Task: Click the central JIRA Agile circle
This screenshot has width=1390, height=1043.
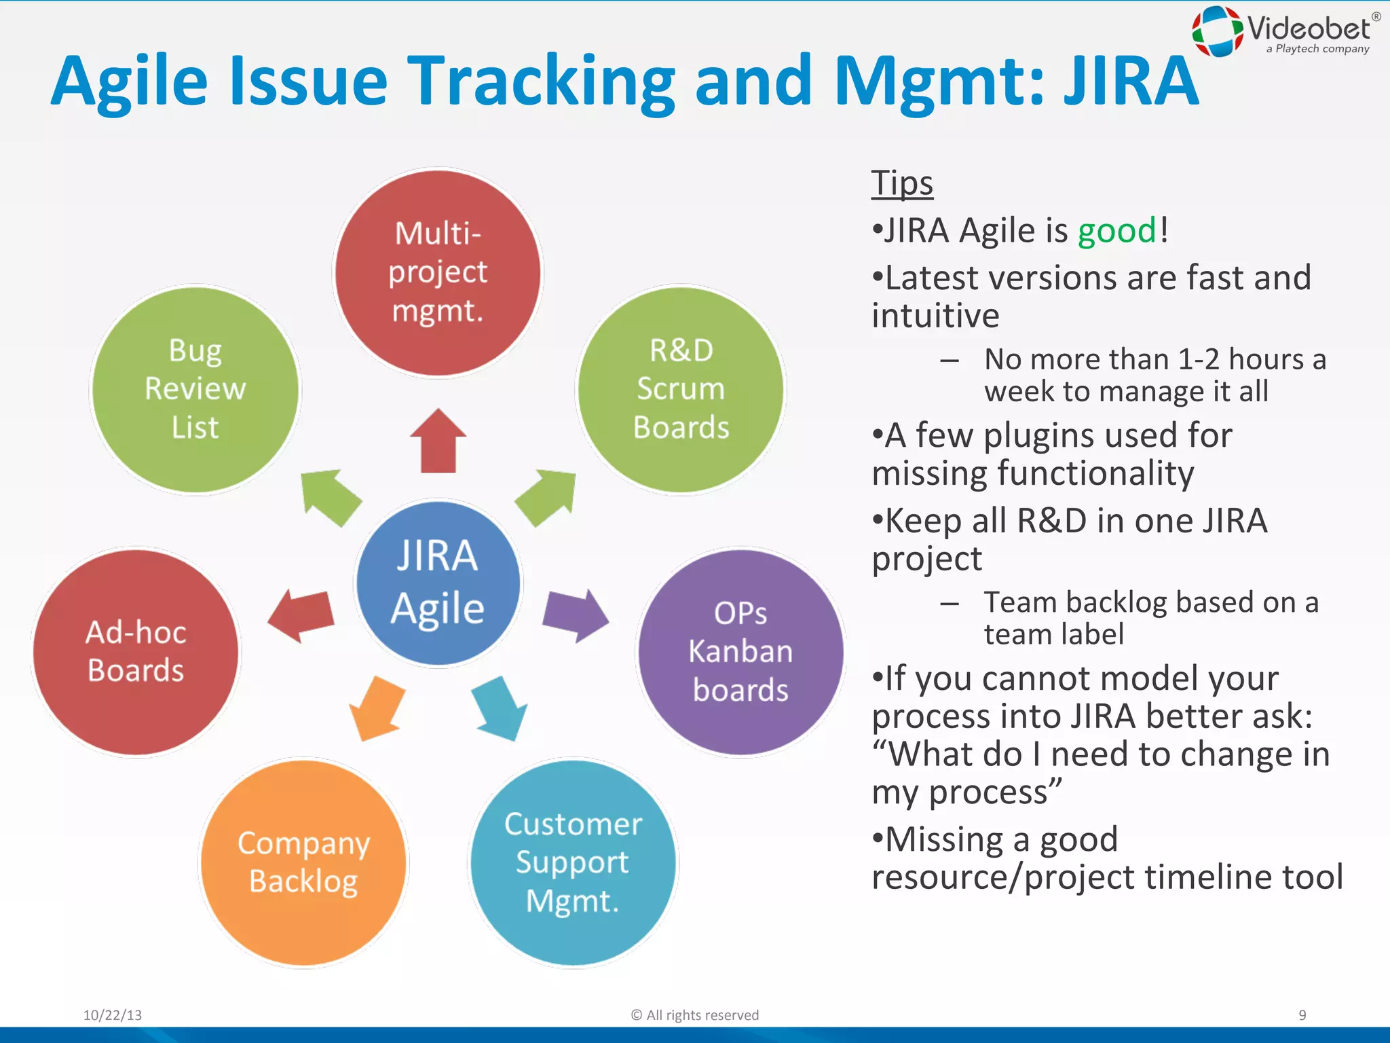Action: click(438, 583)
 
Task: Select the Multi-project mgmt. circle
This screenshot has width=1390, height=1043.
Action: click(438, 272)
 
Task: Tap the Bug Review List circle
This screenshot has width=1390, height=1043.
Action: click(195, 390)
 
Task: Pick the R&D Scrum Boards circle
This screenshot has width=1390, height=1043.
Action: click(681, 390)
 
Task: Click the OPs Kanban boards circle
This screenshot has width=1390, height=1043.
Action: click(740, 652)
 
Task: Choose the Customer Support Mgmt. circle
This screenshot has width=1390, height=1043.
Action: click(573, 862)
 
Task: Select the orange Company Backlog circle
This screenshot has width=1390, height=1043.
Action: click(303, 862)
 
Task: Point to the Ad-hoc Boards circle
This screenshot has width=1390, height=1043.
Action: click(136, 652)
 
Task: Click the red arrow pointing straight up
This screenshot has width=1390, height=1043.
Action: click(438, 441)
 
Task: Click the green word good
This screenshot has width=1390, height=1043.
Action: click(1116, 231)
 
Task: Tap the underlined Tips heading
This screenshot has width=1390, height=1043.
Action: click(902, 183)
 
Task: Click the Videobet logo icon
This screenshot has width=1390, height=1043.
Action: click(1218, 31)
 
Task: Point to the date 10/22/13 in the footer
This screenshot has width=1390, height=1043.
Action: click(113, 1015)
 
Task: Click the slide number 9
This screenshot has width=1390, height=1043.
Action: click(1302, 1015)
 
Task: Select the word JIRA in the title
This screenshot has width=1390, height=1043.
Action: click(1130, 81)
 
